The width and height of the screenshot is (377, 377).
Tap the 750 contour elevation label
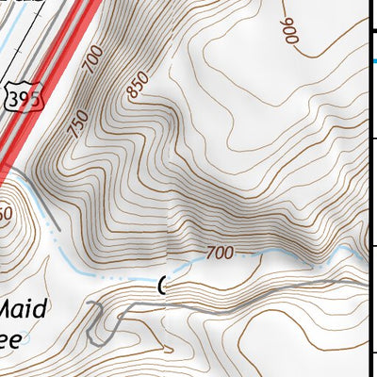(x=77, y=124)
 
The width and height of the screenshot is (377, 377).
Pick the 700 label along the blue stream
(x=219, y=253)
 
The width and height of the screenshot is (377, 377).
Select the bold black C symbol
(x=163, y=284)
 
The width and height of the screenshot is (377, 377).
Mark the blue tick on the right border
(x=372, y=59)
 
